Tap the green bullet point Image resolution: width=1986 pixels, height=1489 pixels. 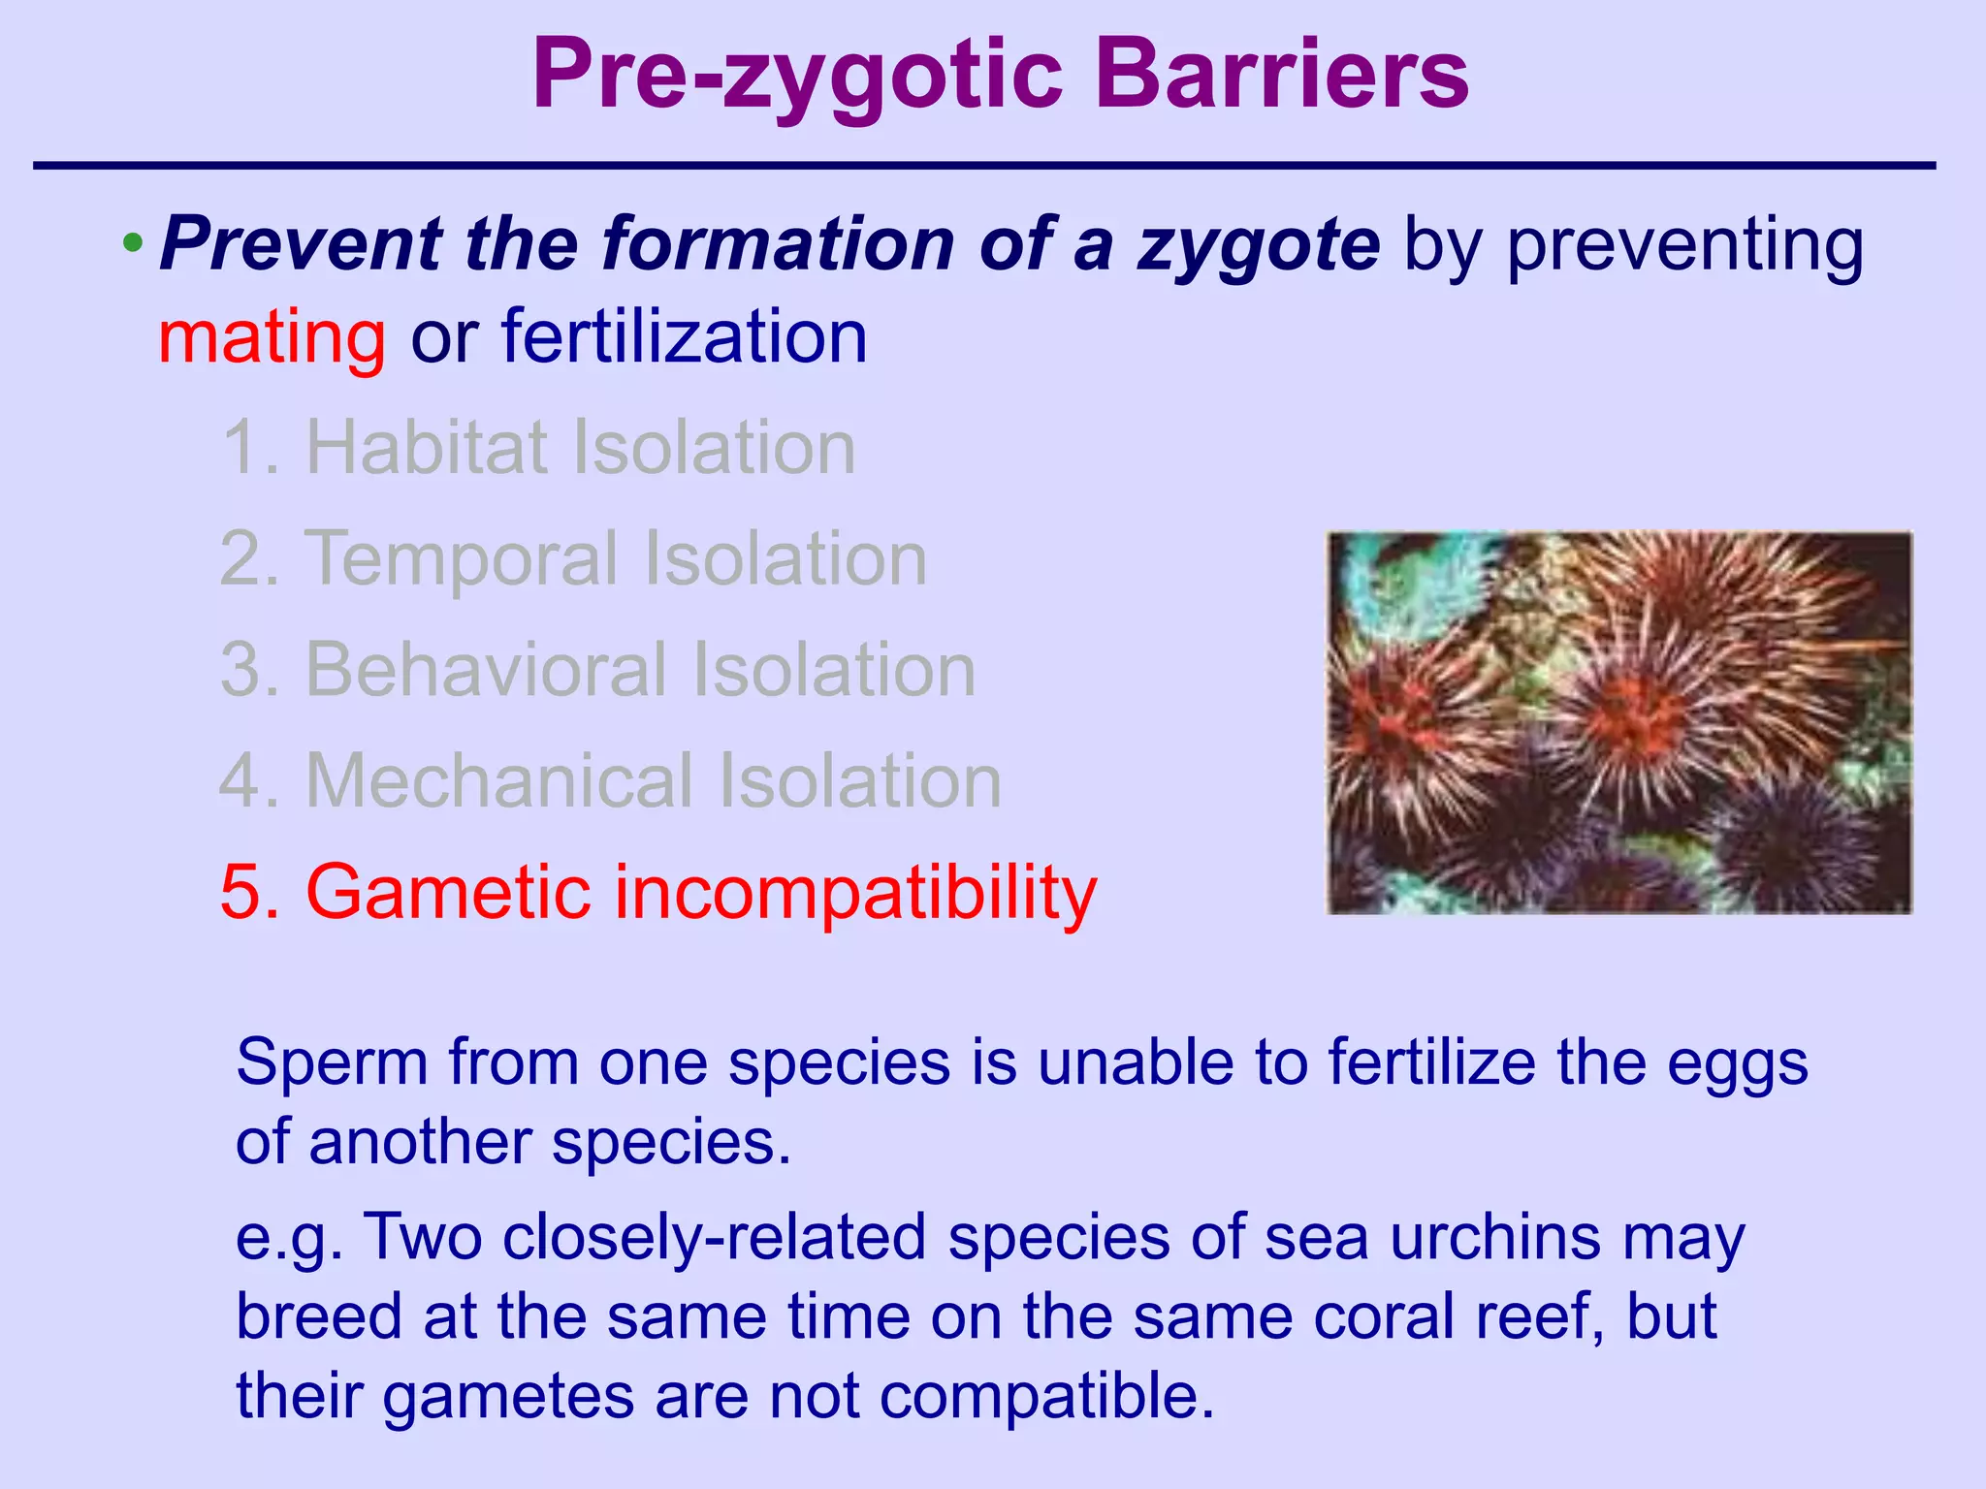point(134,240)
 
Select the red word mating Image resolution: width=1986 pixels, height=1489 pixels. point(272,337)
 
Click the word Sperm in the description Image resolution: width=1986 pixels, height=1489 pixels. point(330,1063)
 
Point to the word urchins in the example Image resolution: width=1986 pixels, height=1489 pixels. point(1494,1238)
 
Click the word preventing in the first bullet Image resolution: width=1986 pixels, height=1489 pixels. point(1683,244)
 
